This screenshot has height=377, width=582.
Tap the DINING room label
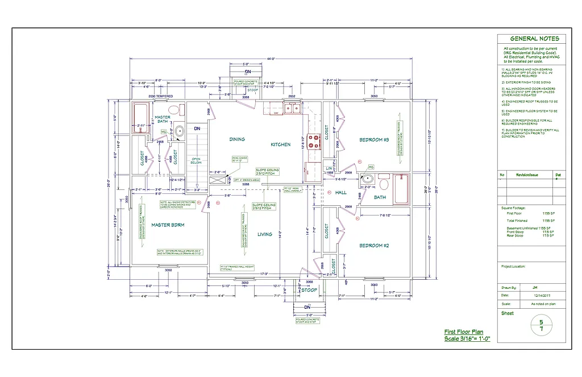pos(237,139)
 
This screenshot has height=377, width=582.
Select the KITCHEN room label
pos(281,144)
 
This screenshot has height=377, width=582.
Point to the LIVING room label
pos(265,234)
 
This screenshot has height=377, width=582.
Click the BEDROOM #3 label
pos(373,140)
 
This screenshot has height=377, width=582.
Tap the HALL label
pos(341,193)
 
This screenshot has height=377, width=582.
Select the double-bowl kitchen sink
pos(291,108)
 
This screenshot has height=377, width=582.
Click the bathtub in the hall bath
pos(401,189)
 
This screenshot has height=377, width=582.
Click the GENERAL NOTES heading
pos(530,39)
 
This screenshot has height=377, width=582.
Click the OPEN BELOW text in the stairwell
pos(196,161)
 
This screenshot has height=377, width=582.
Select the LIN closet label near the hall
pos(330,168)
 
